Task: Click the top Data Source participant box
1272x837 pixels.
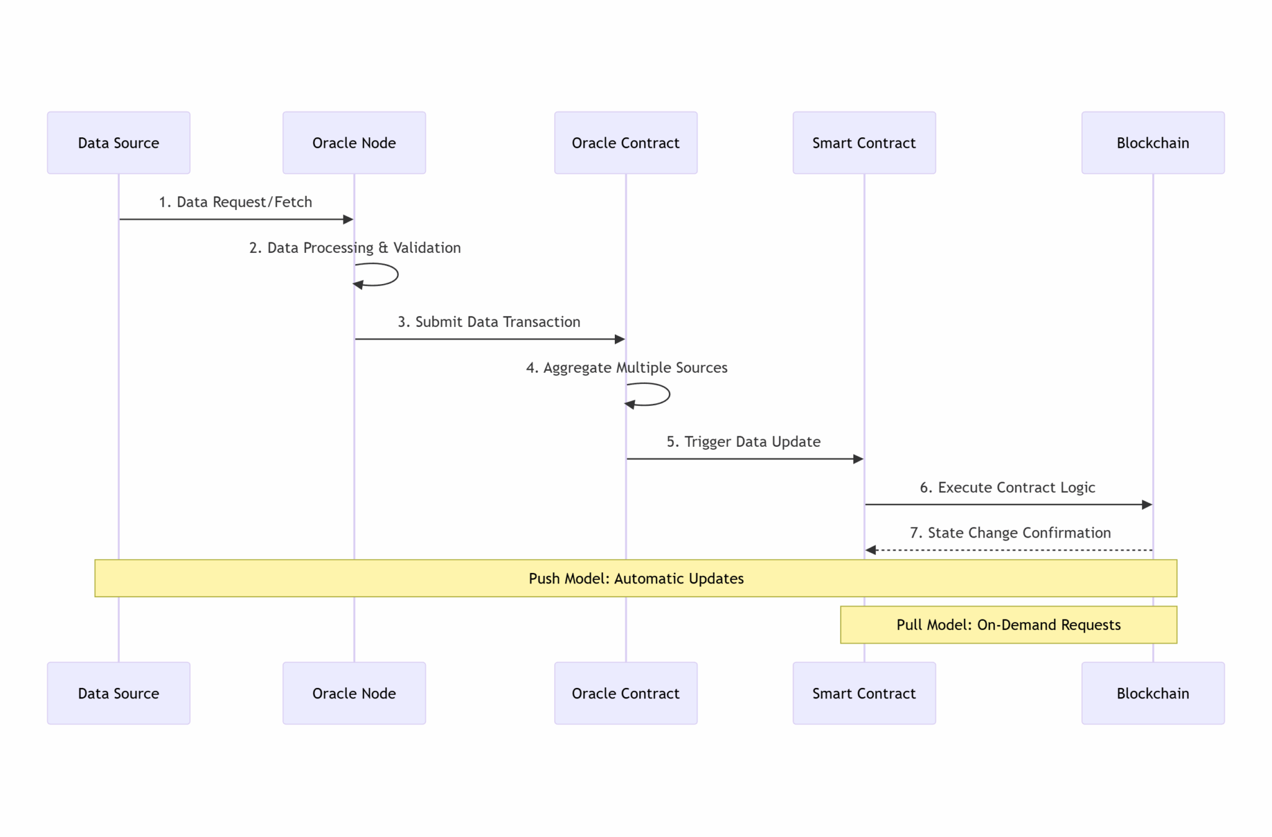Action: click(x=119, y=142)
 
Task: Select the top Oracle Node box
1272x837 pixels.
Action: click(x=354, y=142)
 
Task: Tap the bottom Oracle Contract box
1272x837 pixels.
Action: click(x=625, y=693)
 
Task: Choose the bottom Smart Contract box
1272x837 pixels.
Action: click(x=864, y=693)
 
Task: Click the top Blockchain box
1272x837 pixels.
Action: click(x=1153, y=142)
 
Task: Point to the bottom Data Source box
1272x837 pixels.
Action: click(x=119, y=693)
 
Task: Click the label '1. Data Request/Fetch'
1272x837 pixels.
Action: click(x=235, y=202)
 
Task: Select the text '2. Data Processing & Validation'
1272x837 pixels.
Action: click(x=355, y=247)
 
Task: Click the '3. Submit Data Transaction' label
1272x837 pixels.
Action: click(x=489, y=322)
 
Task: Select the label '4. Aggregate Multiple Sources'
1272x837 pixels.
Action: click(x=626, y=367)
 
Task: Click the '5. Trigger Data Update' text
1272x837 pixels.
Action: click(x=743, y=442)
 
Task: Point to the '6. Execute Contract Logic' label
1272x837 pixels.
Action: click(x=1007, y=487)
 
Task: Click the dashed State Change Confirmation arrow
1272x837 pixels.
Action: click(x=1009, y=550)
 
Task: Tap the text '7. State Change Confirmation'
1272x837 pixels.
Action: click(x=1010, y=533)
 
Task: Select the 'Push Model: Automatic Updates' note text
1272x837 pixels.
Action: click(x=635, y=579)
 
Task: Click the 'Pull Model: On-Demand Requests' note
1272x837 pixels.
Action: click(x=1008, y=624)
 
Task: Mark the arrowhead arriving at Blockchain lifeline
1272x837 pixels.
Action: click(x=1147, y=505)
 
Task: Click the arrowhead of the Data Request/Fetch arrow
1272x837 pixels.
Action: click(x=348, y=219)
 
